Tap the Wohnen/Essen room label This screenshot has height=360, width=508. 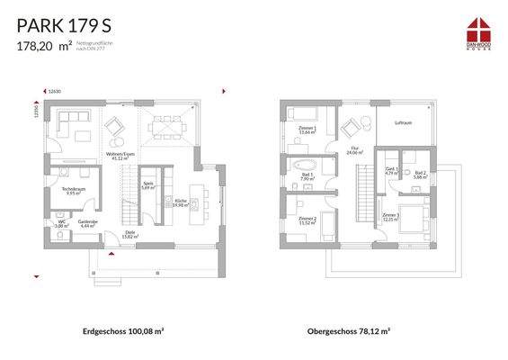point(121,154)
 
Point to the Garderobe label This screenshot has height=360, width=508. point(88,222)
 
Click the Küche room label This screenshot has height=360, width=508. point(180,202)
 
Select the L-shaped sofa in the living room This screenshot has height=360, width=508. point(72,126)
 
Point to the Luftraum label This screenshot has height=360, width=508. point(404,121)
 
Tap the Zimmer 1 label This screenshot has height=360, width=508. point(307,130)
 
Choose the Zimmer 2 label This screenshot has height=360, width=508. point(307,220)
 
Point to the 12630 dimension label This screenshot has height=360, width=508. point(56,91)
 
